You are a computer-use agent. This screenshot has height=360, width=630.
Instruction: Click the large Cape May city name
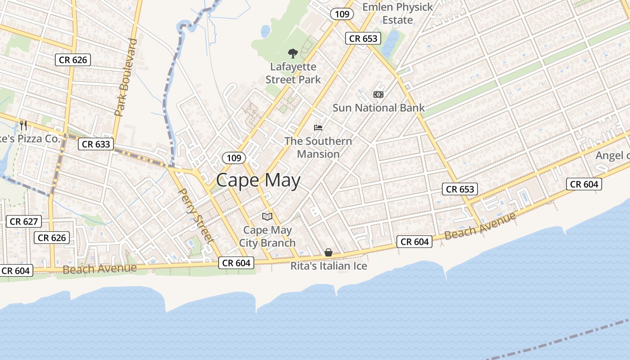(x=258, y=180)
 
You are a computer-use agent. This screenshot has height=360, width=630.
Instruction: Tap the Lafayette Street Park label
(x=293, y=73)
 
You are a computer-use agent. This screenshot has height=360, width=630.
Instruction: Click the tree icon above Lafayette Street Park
(x=293, y=54)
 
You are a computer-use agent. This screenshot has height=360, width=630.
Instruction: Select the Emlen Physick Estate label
(x=397, y=13)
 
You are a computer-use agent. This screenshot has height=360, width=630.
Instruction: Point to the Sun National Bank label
(x=378, y=108)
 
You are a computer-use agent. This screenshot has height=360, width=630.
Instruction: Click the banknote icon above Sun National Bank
(x=378, y=94)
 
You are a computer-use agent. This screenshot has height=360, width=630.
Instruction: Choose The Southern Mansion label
(x=318, y=148)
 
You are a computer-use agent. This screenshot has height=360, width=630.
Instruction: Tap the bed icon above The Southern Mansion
(x=318, y=128)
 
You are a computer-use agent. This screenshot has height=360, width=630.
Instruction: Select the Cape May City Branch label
(x=267, y=237)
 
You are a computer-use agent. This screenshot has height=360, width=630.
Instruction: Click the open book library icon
(x=267, y=216)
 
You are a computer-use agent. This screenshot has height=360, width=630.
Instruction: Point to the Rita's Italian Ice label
(x=328, y=266)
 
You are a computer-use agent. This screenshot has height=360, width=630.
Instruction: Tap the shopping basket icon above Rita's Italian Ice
(x=328, y=252)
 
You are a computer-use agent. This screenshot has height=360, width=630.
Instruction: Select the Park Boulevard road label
(x=126, y=77)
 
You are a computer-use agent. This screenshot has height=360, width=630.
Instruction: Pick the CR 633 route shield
(x=96, y=144)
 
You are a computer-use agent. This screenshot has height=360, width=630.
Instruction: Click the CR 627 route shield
(x=24, y=221)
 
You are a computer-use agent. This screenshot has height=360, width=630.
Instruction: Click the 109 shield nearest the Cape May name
(x=234, y=158)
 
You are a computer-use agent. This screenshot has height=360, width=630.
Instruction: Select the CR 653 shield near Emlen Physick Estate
(x=363, y=38)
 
